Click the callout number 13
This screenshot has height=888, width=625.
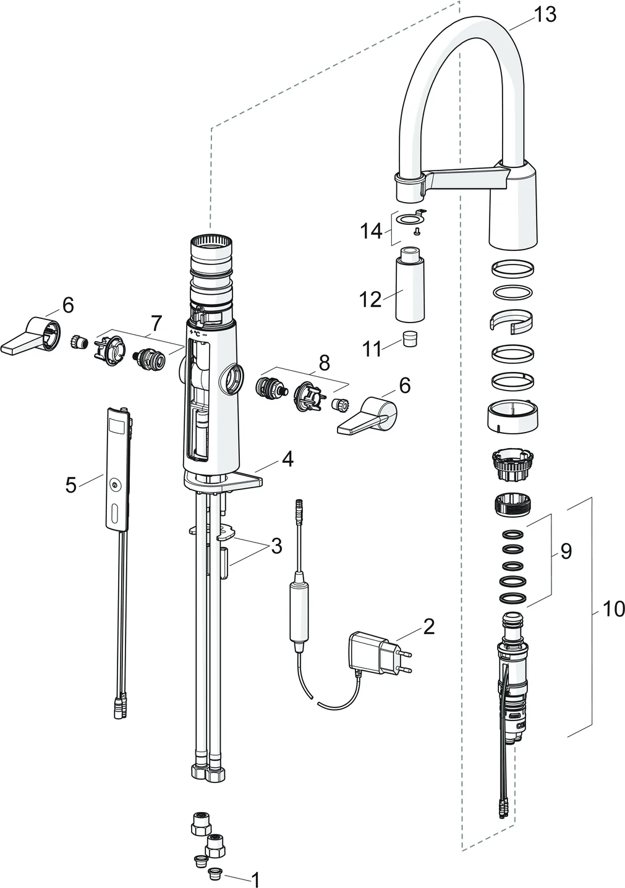(545, 14)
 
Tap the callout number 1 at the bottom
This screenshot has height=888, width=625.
(255, 878)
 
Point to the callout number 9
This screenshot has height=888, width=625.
(566, 551)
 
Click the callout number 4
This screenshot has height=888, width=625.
(287, 459)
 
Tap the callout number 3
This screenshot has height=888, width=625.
(276, 546)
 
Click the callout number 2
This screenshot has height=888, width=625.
(428, 626)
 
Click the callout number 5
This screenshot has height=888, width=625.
(72, 485)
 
